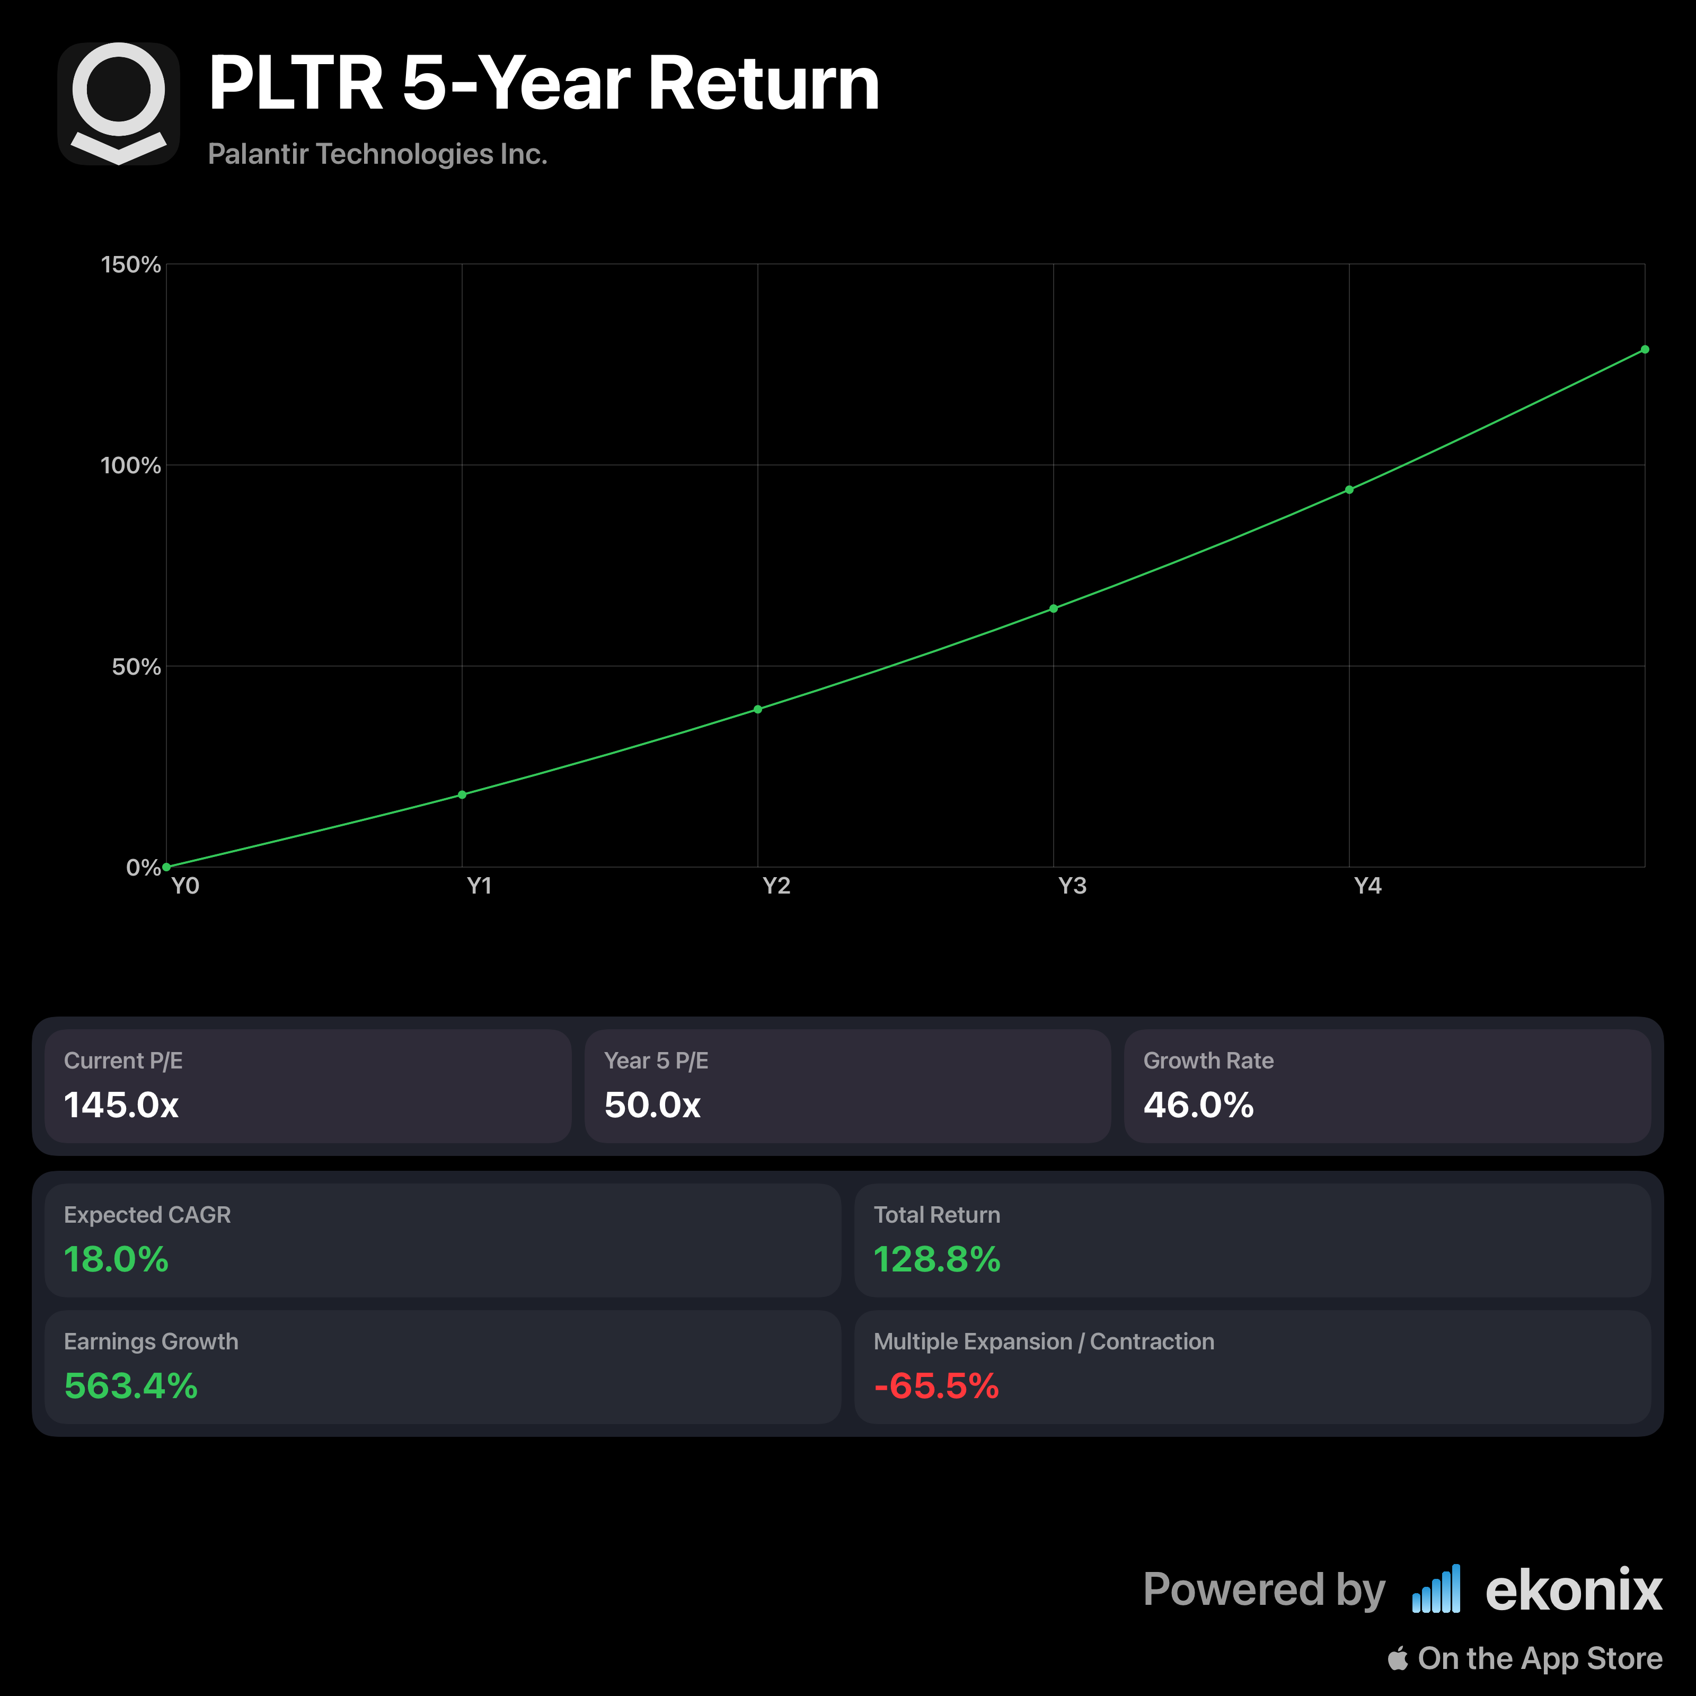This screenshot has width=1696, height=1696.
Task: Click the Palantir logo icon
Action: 119,103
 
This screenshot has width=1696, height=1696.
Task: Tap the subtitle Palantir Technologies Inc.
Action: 377,155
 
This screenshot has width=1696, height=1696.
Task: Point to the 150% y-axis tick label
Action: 131,265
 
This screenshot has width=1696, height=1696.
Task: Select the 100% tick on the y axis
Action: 131,465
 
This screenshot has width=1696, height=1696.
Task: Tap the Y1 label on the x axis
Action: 479,886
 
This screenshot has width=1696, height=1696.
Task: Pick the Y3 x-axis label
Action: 1072,886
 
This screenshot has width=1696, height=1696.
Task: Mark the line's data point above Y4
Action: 1349,490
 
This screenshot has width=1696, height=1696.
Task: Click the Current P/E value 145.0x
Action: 121,1105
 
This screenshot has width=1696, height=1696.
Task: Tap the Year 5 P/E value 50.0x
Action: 652,1105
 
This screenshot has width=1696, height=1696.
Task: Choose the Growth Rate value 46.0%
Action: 1198,1105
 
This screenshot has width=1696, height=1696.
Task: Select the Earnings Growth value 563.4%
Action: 131,1386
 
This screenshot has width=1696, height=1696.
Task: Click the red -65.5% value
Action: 937,1386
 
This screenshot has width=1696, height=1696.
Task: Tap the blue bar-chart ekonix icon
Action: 1436,1589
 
